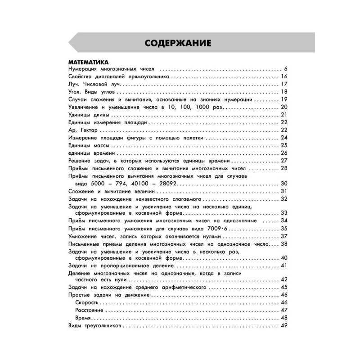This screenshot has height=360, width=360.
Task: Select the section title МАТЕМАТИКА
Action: tap(86, 62)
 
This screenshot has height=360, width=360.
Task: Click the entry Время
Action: tap(85, 318)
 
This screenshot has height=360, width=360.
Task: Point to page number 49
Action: tap(283, 326)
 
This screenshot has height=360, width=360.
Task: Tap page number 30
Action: tap(283, 184)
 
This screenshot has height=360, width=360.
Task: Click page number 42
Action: tap(283, 279)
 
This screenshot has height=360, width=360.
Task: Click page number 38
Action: tap(283, 244)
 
